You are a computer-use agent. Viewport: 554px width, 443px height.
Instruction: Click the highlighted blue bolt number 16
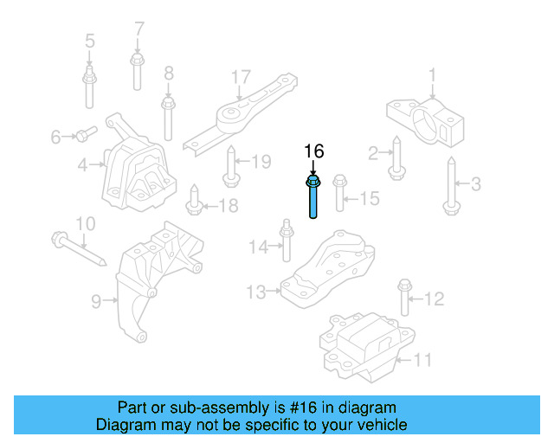[312, 197]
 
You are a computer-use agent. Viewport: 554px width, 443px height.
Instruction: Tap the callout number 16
[312, 151]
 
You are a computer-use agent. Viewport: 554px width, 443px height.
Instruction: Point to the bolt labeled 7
[137, 70]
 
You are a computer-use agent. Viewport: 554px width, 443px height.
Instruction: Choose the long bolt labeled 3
[450, 184]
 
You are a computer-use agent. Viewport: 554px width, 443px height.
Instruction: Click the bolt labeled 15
[340, 192]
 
